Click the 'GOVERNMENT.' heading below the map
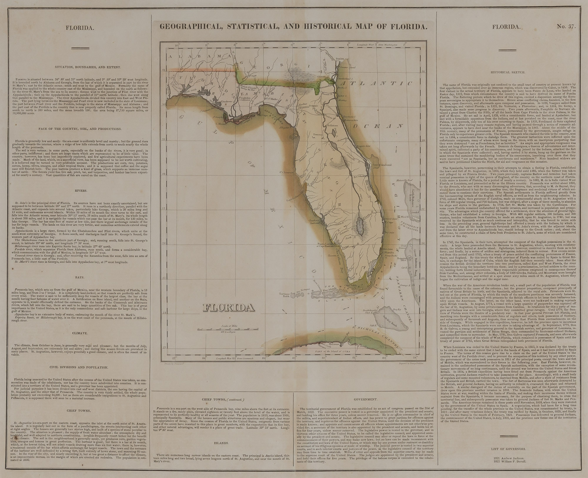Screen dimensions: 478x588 365,400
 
